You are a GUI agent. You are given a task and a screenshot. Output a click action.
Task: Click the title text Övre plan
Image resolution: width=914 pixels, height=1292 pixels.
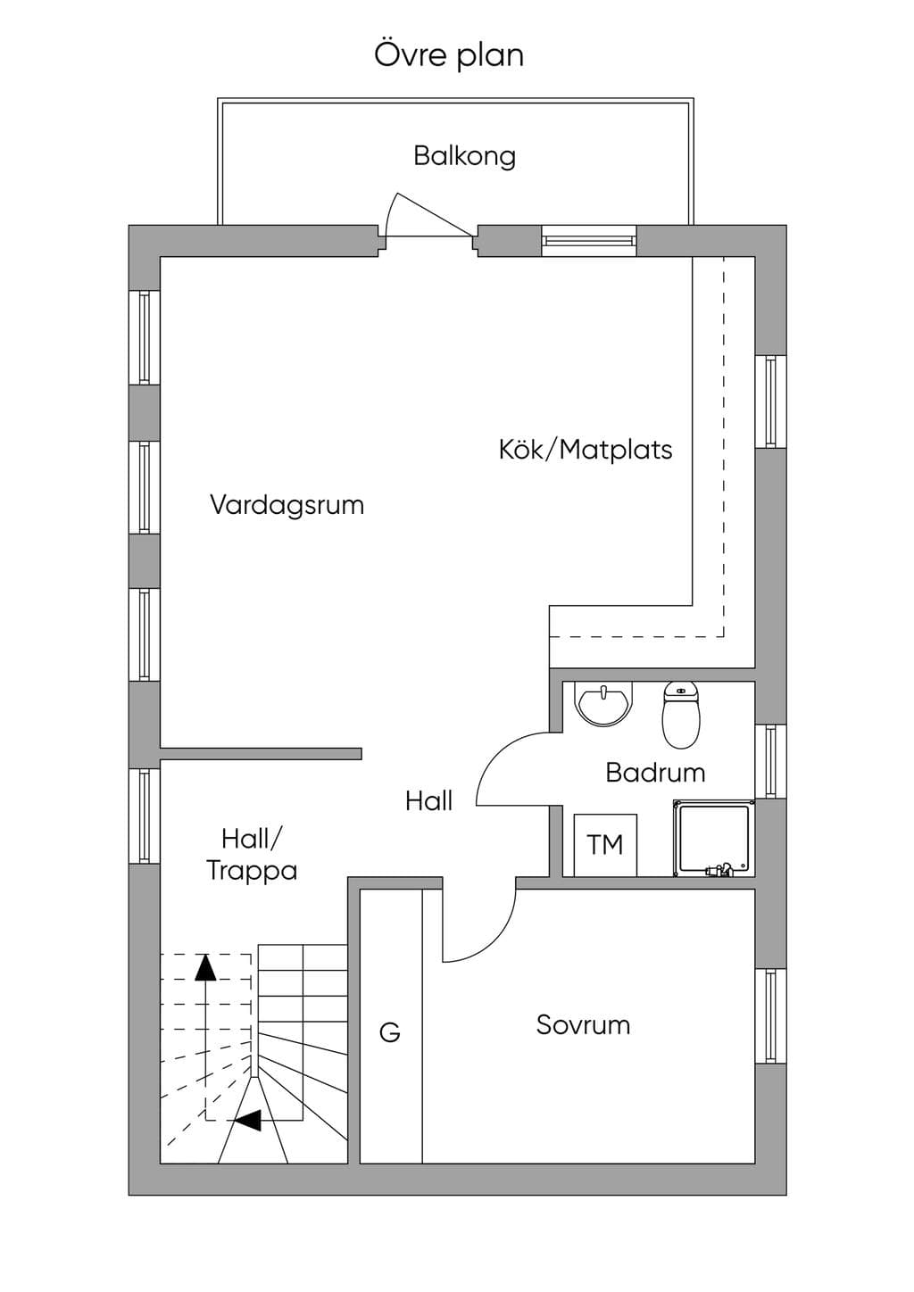coord(449,55)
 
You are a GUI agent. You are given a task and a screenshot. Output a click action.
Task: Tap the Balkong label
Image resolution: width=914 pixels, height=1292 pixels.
coord(464,156)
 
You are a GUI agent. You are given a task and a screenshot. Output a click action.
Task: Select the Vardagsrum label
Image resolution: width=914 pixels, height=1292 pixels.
coord(287,505)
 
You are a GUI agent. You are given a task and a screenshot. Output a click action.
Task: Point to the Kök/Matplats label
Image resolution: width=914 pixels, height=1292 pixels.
coord(586,450)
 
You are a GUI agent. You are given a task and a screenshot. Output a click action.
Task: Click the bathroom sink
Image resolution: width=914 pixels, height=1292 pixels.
coord(603,704)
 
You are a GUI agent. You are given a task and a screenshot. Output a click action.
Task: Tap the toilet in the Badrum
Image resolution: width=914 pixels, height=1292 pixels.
coord(681,716)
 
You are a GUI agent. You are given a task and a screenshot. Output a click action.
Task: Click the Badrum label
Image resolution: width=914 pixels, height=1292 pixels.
coord(655,773)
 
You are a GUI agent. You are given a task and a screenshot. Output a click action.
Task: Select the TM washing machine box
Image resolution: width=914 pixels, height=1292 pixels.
coord(605,845)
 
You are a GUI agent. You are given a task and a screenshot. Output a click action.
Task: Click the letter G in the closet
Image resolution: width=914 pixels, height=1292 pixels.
coord(389,1032)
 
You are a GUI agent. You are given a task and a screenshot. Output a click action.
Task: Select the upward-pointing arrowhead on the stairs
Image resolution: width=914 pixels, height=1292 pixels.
coord(204,968)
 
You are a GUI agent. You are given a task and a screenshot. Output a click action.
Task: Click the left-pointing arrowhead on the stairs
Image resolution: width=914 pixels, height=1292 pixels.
coord(247,1121)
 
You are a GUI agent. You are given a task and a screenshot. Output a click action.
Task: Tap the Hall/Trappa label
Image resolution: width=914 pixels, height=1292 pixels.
coord(252,855)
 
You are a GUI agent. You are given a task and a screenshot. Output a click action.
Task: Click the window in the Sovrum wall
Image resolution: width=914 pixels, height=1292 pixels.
coord(771,1015)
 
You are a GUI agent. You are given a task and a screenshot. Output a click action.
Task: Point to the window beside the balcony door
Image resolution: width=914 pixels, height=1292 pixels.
coord(589,241)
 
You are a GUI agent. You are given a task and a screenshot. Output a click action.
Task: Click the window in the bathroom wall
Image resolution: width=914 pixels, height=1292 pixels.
coord(771,761)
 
